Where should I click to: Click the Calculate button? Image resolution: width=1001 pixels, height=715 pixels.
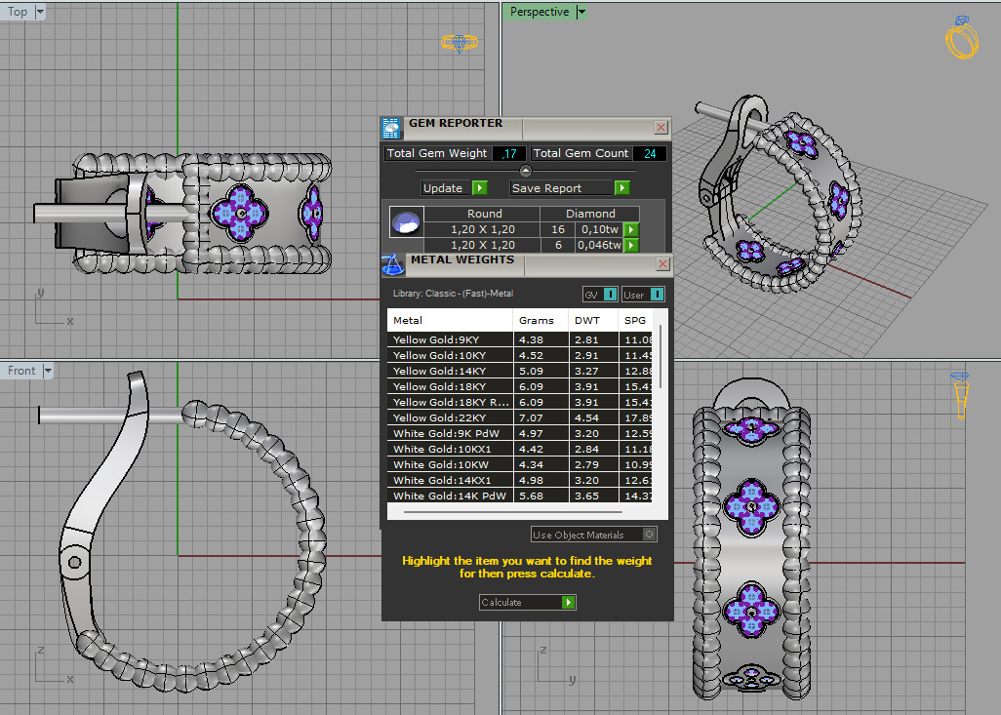[x=527, y=603]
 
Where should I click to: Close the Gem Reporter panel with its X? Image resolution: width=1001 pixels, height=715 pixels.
[x=661, y=127]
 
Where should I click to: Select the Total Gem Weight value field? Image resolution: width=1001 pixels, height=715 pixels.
[x=510, y=153]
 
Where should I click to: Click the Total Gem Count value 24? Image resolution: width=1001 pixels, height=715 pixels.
[x=649, y=153]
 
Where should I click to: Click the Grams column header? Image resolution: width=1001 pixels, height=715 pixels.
[x=537, y=320]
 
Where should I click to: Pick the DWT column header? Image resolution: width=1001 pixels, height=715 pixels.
[x=587, y=320]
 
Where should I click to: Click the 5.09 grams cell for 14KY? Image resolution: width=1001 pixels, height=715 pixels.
[x=532, y=371]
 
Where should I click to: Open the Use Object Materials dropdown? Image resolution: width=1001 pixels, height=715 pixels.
[x=593, y=535]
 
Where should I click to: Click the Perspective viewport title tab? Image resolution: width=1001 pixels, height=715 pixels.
[x=539, y=12]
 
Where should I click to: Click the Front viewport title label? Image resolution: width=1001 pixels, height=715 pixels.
[x=21, y=371]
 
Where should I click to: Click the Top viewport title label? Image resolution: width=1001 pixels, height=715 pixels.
[x=18, y=12]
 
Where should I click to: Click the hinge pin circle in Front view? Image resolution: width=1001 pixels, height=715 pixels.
[x=74, y=561]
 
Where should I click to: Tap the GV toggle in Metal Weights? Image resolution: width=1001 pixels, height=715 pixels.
[x=599, y=295]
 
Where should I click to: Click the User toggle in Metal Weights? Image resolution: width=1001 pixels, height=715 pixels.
[x=643, y=295]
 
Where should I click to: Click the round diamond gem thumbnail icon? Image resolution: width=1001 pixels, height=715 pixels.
[x=406, y=222]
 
